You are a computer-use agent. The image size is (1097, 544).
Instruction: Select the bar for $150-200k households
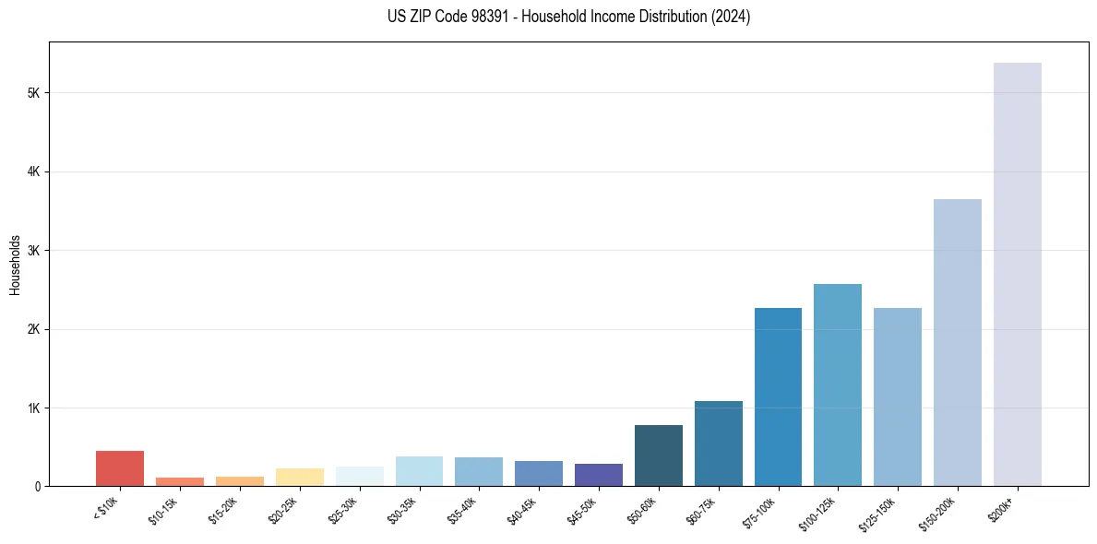[957, 342]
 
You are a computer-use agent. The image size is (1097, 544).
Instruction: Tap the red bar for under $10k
[120, 468]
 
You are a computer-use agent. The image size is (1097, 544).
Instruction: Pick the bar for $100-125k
[838, 384]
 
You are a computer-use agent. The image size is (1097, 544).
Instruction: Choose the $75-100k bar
[778, 396]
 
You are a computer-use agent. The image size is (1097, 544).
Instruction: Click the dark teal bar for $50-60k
[658, 455]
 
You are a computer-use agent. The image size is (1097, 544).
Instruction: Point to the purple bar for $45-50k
[598, 475]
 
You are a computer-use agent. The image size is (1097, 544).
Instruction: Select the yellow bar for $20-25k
[299, 477]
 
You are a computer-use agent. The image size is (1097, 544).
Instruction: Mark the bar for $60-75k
[718, 443]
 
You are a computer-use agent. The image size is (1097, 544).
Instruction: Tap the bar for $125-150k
[897, 396]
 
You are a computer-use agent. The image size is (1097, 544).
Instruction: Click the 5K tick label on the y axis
[35, 93]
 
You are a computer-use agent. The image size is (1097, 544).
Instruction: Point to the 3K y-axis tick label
[35, 251]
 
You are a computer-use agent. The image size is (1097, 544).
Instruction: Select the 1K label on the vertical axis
[35, 408]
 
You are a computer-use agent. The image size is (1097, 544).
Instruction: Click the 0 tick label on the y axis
[39, 486]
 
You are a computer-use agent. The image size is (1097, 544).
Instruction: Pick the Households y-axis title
[15, 265]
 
